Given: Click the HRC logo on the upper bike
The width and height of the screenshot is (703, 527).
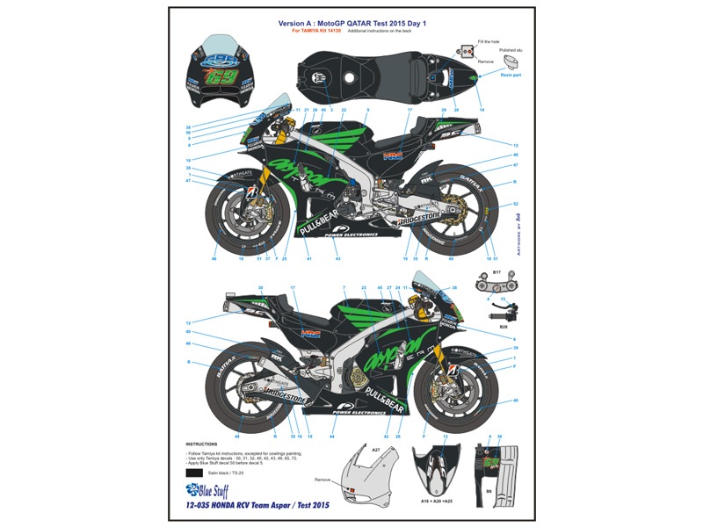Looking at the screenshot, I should coord(413,158).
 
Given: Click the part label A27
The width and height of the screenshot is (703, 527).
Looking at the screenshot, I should coord(374,449).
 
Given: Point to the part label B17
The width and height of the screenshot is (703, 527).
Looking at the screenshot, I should coord(496,272).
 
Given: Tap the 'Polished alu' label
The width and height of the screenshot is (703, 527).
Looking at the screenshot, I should coord(513,51).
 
